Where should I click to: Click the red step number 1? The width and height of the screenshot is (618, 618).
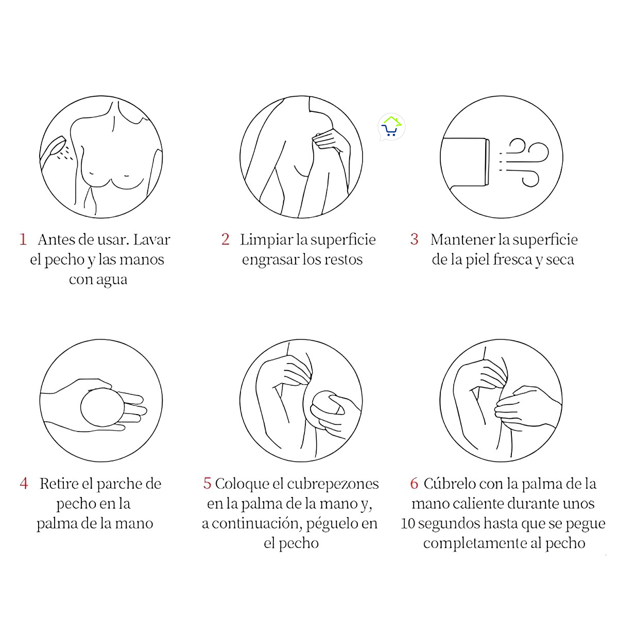coord(23,239)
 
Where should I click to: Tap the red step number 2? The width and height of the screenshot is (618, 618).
coord(225,239)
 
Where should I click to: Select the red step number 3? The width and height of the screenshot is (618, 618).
coord(414,239)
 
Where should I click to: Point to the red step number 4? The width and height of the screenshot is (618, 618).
coord(24,484)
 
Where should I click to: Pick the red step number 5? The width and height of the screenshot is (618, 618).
coord(207,484)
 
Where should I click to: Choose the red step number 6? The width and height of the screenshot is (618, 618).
coord(414,484)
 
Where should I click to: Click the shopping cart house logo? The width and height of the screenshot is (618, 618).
coord(391,127)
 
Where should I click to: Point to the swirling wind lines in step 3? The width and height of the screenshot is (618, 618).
coord(525,161)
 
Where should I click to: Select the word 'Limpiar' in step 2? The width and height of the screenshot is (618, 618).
coord(266,240)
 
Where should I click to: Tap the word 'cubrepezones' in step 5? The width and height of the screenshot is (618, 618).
coord(333,484)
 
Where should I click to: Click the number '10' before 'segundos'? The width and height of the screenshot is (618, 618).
coord(408,524)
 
